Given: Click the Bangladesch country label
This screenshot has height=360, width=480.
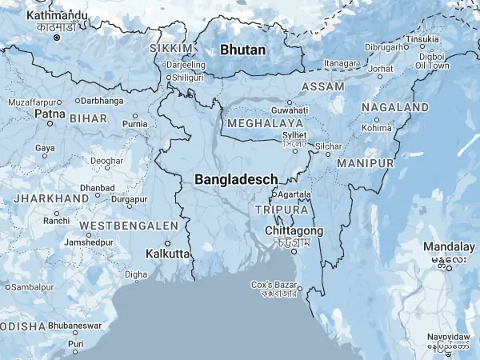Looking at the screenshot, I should click(x=236, y=180).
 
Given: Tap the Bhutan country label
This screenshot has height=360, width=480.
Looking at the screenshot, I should click(x=242, y=50).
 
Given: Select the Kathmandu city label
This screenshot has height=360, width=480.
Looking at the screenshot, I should click(x=57, y=15).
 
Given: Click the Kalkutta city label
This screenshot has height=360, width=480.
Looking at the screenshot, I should click(x=168, y=254).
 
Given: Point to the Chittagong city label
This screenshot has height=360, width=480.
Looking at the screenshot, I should click(x=294, y=230).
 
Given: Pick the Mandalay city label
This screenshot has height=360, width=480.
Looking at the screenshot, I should click(x=449, y=246).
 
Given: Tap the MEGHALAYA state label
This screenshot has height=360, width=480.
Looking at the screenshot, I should click(x=265, y=124).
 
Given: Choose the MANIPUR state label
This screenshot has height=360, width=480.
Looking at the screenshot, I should click(x=366, y=163).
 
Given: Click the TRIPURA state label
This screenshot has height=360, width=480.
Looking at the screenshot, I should click(x=281, y=210).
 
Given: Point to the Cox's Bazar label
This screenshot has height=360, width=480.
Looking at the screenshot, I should click(x=274, y=285).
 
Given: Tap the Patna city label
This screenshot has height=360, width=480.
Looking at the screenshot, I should click(x=44, y=114).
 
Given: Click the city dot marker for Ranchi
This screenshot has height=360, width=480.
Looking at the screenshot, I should click(x=57, y=211).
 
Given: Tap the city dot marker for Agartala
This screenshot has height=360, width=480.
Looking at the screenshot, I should click(x=274, y=194).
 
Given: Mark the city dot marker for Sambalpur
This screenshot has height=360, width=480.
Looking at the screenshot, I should click(x=8, y=286).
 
